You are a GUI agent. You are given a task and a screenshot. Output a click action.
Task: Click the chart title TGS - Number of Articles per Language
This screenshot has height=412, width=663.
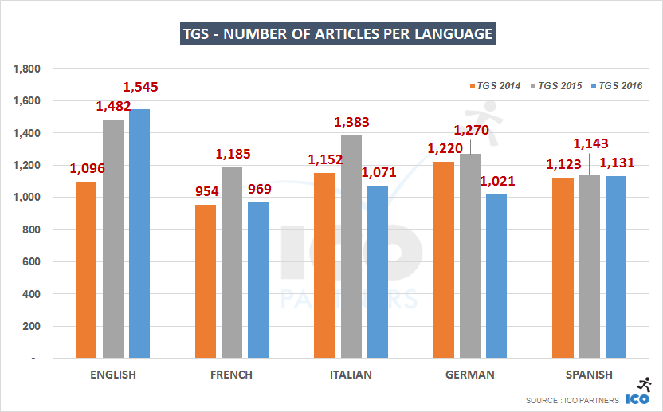pos(336,34)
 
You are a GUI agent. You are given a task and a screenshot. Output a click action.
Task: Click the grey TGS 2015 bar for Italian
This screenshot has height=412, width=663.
pos(351,246)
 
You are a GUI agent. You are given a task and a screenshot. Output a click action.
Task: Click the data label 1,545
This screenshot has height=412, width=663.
pos(140,86)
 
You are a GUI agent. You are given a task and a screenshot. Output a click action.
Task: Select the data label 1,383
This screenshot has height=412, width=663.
pos(351,123)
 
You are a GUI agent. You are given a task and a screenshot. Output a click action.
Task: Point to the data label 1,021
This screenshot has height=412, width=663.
pos(497,181)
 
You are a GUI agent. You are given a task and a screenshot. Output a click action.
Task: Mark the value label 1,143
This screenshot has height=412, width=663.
pos(590,143)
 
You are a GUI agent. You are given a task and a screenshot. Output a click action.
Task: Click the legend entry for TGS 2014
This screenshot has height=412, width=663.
pos(495,85)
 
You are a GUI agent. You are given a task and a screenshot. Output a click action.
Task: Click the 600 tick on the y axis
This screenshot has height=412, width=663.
pos(32,261)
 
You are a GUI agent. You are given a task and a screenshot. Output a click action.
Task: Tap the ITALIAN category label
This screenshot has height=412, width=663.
pos(351,375)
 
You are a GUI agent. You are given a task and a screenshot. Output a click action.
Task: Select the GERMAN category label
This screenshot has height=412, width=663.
pos(470,375)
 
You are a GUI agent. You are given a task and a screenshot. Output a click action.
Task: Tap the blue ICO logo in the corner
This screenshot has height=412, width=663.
pos(638,398)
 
